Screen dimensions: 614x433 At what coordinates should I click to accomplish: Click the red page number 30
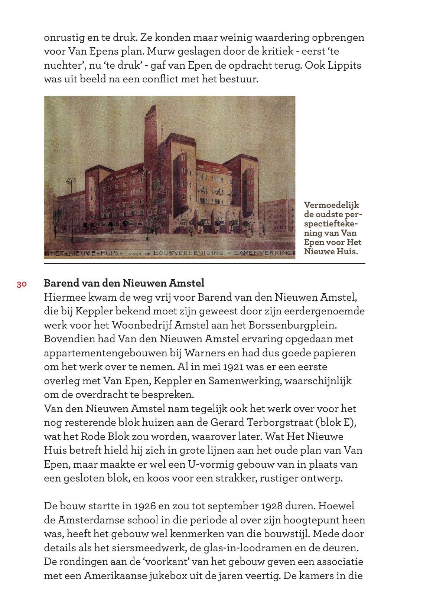(x=22, y=284)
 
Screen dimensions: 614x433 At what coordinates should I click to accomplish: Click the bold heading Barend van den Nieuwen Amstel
(x=124, y=283)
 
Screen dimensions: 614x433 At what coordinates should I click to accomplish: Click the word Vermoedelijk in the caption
(x=331, y=205)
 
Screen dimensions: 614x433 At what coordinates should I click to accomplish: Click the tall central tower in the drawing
(x=152, y=130)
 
